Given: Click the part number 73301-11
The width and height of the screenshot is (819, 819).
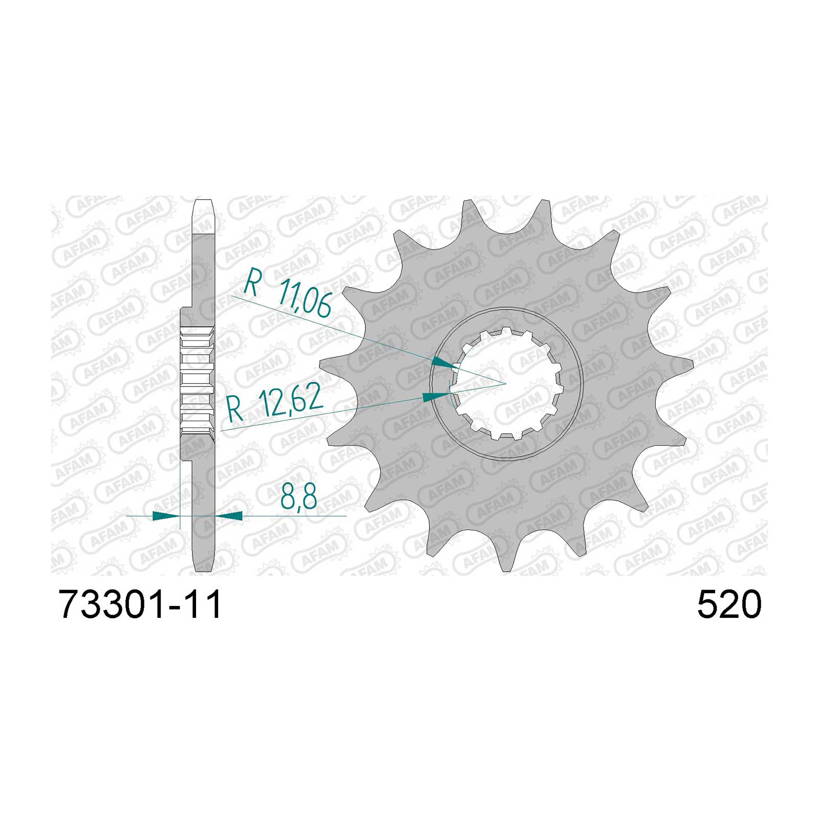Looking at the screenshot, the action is tap(140, 605).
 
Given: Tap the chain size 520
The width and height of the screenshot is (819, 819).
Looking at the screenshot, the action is tap(729, 605).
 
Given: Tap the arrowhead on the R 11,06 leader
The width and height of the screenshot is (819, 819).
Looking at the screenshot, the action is tap(444, 363).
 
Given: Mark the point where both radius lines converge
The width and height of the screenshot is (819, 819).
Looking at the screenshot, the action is tap(506, 383).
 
